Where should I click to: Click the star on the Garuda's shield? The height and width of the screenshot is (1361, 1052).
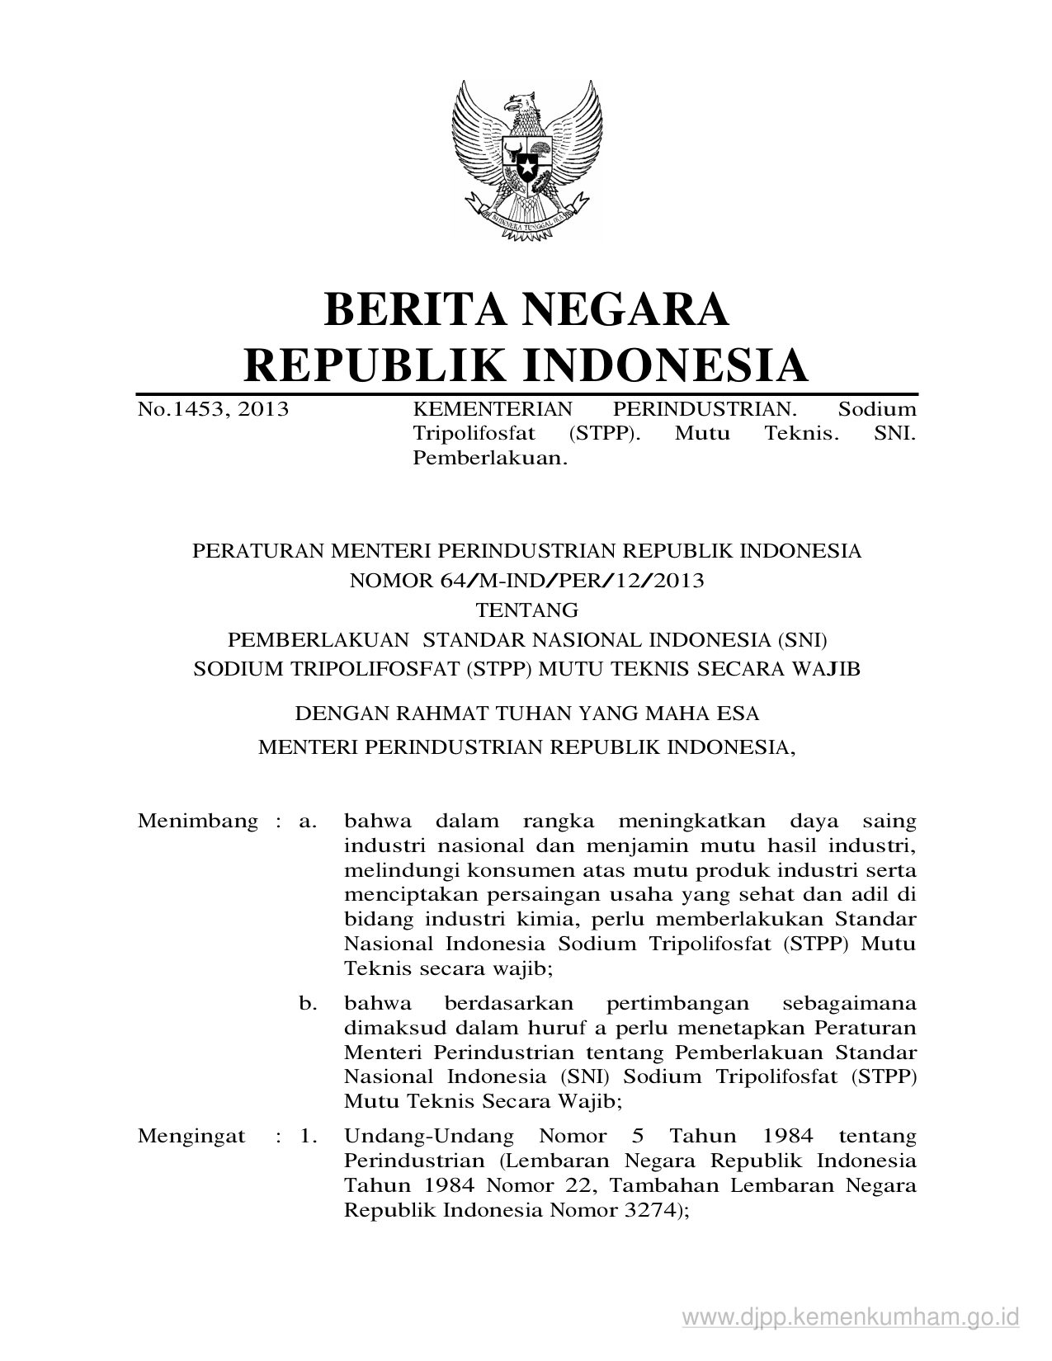click(526, 168)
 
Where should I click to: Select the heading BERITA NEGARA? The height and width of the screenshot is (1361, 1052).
click(526, 308)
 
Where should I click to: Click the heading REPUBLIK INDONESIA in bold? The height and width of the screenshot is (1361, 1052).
click(526, 365)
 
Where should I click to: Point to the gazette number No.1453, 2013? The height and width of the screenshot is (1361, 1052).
click(213, 409)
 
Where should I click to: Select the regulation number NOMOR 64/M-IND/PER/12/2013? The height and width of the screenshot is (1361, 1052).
click(526, 581)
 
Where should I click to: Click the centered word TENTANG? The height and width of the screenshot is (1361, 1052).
click(526, 610)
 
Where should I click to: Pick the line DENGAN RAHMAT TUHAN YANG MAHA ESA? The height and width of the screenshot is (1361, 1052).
click(526, 712)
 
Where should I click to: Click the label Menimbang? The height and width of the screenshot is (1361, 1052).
click(198, 822)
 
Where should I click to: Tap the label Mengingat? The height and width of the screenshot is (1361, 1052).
click(191, 1137)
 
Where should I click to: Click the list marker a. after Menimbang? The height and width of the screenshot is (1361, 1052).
click(308, 822)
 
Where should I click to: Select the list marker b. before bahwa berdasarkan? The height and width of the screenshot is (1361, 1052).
click(308, 1004)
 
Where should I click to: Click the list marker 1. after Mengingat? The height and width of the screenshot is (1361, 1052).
click(309, 1137)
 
